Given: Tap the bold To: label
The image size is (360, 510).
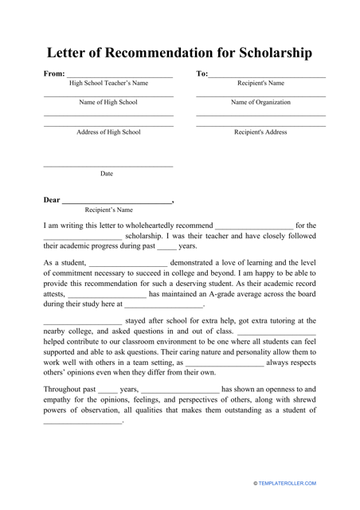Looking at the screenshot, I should tap(202, 74).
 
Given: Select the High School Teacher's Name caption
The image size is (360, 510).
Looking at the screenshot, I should tap(108, 83).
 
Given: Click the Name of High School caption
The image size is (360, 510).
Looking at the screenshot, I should tap(108, 103).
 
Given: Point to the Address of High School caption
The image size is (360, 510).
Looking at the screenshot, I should tap(108, 132).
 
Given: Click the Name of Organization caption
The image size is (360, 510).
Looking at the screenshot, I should tap(260, 103).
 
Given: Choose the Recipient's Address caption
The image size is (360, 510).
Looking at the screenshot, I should tap(260, 132).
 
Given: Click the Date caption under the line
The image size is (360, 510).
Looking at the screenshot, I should tap(107, 173).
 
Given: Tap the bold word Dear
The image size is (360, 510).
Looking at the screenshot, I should tap(52, 200).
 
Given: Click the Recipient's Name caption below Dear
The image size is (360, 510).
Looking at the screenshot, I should tap(109, 210).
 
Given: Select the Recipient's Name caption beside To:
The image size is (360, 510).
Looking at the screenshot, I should tap(260, 83).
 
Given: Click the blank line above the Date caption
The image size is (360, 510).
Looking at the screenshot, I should tap(108, 167).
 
